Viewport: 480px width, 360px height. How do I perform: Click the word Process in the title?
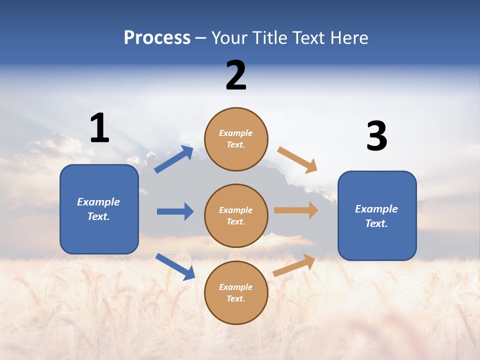[157, 38]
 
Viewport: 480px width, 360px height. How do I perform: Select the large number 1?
[99, 128]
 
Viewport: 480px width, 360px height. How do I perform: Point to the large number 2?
[236, 76]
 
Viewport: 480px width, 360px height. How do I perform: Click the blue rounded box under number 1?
[99, 209]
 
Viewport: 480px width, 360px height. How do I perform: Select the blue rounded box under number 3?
[377, 215]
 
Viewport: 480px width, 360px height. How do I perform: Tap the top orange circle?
[236, 139]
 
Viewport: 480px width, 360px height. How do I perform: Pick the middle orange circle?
[236, 215]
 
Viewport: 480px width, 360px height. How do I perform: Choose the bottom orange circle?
[236, 292]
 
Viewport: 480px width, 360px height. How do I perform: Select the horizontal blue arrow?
[175, 211]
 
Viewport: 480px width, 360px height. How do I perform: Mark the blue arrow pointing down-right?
[175, 266]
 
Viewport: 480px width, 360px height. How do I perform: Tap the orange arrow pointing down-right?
[297, 160]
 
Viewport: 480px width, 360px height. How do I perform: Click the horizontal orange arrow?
[296, 210]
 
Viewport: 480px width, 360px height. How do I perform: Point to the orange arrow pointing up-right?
[294, 265]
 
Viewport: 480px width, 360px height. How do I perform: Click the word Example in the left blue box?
[98, 202]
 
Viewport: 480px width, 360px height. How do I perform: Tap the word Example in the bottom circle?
[236, 287]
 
